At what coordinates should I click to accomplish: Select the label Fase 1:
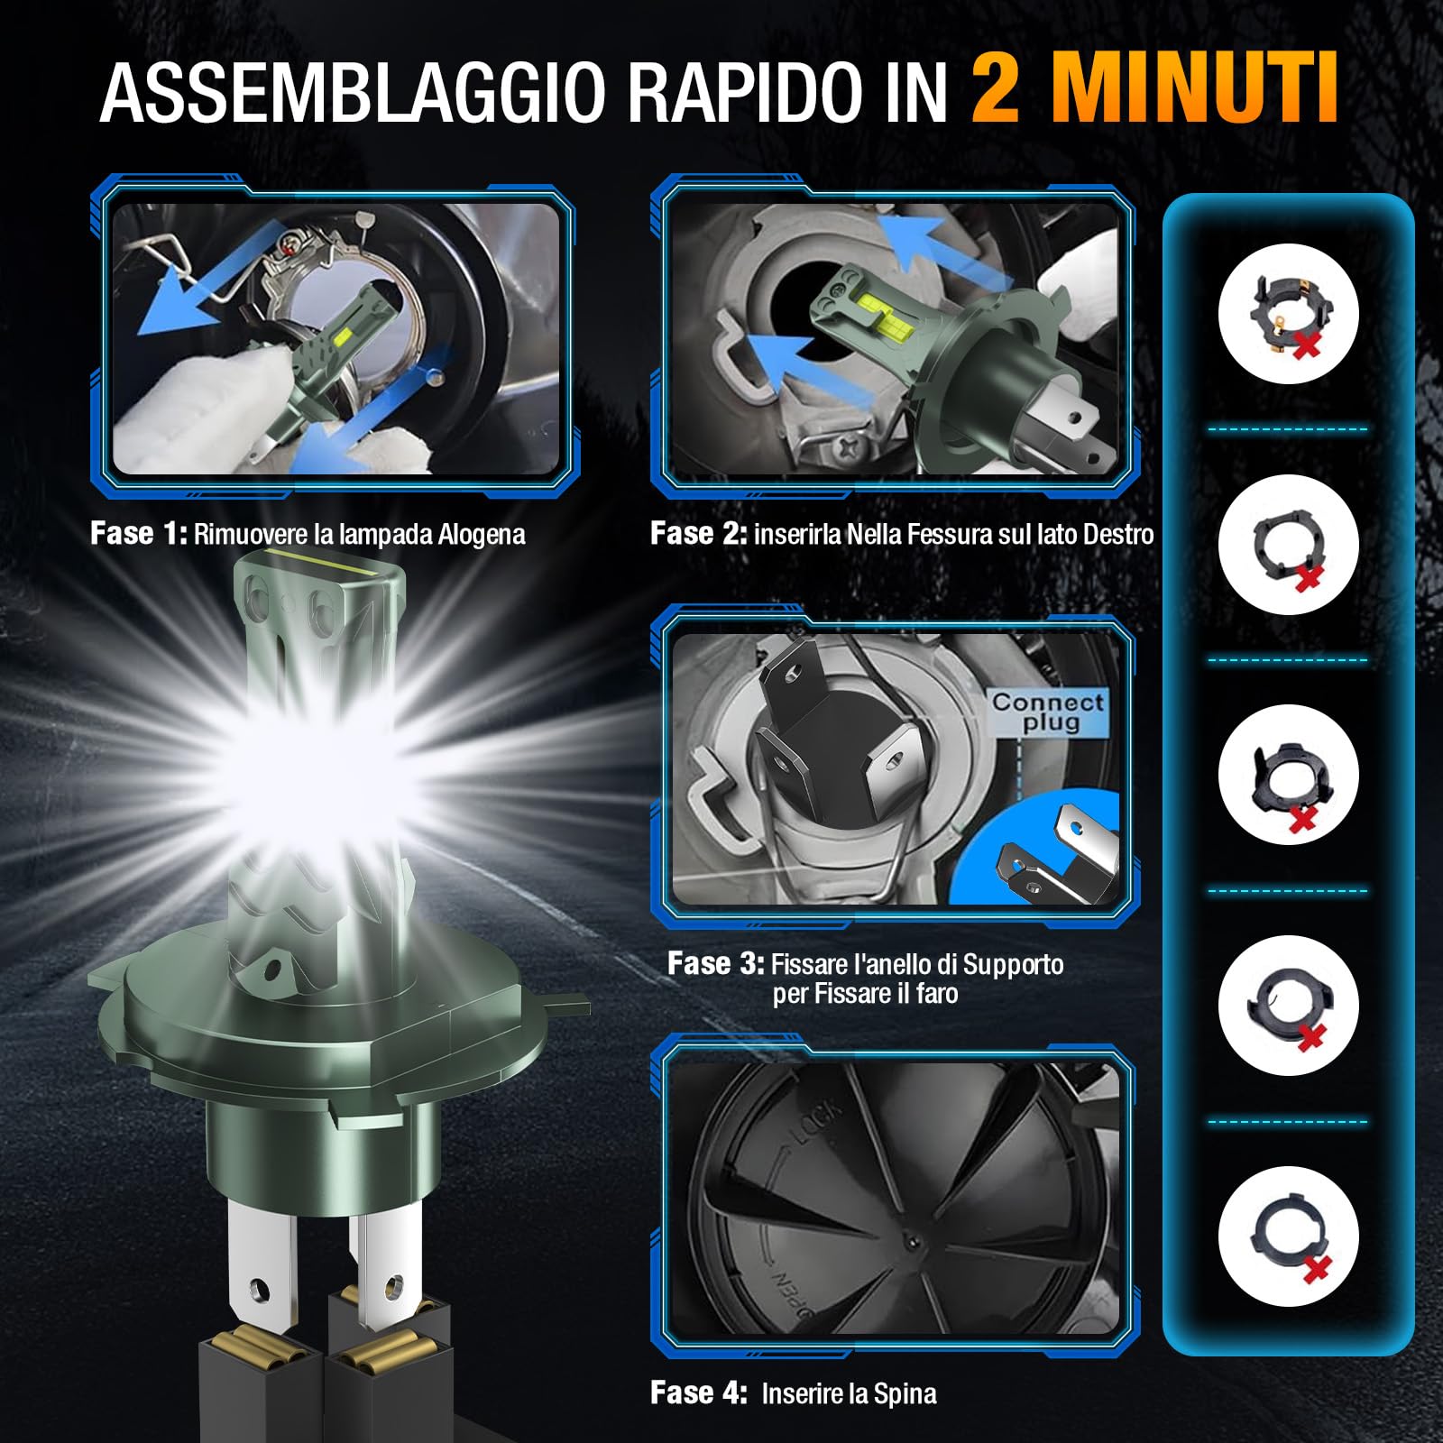(x=138, y=534)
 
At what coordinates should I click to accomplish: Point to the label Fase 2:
(x=698, y=534)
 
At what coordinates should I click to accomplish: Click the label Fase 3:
(x=715, y=964)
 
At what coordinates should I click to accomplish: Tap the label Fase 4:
(x=698, y=1393)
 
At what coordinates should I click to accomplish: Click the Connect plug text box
(x=1048, y=712)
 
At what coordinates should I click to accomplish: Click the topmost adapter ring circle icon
(x=1288, y=313)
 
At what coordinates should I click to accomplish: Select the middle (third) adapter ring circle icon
(x=1288, y=775)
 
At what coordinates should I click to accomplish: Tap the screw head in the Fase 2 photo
(x=849, y=446)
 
